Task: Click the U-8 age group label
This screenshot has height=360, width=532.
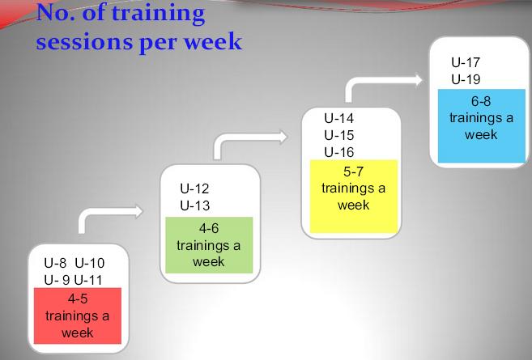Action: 55,263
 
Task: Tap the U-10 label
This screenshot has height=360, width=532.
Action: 90,263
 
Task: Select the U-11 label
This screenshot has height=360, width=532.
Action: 88,281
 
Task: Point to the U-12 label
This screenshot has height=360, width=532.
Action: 194,188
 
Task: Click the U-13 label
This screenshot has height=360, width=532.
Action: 195,205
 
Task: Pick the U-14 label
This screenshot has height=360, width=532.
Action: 339,118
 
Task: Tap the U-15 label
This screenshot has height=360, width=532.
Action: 339,135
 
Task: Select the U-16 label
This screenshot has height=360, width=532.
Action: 339,152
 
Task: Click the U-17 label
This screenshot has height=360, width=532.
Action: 466,62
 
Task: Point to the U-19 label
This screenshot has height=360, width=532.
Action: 466,79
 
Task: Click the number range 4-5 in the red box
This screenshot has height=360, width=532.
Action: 78,299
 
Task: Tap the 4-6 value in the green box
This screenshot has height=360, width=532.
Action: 209,228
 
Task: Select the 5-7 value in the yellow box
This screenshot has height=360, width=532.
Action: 354,172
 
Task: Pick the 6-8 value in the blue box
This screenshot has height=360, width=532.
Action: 481,101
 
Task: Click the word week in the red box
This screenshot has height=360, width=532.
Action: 78,332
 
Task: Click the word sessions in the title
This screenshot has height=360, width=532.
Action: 85,42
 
